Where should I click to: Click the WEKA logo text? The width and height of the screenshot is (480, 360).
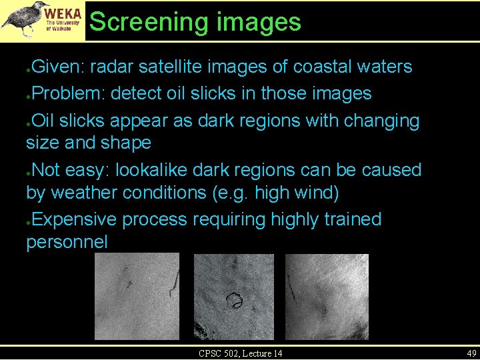pyautogui.click(x=64, y=14)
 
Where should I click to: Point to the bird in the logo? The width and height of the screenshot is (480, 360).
pyautogui.click(x=24, y=18)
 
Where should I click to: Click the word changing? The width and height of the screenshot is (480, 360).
pyautogui.click(x=381, y=121)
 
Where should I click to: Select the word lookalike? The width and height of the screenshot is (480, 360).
pyautogui.click(x=152, y=170)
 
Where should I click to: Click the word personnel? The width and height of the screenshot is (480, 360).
pyautogui.click(x=67, y=242)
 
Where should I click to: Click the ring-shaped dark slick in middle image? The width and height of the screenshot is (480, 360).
pyautogui.click(x=234, y=301)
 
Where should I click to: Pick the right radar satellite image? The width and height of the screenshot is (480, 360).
pyautogui.click(x=327, y=297)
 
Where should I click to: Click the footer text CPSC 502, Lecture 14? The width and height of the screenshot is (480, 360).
pyautogui.click(x=240, y=353)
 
